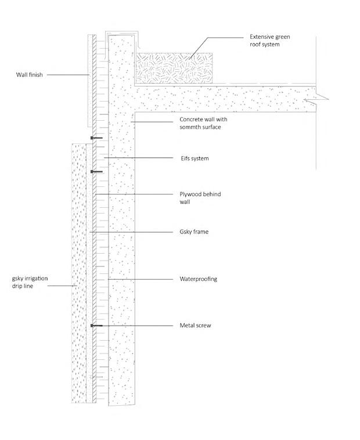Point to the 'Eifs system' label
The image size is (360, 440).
193,158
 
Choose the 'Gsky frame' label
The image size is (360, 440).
193,232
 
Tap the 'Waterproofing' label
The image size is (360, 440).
198,279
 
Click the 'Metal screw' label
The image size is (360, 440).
195,326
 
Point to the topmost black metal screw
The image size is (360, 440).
96,138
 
